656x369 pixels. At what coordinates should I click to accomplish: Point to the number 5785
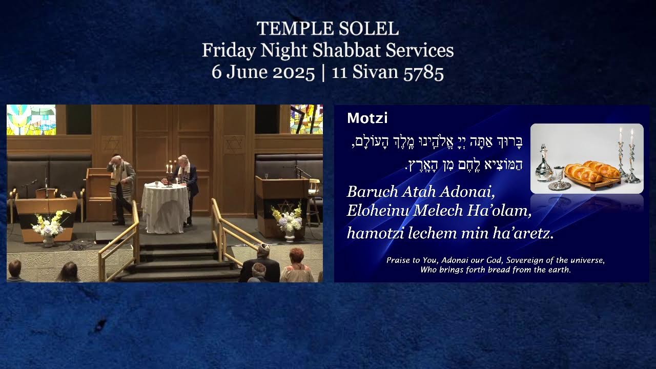(423, 72)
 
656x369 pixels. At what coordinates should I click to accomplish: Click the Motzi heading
(367, 118)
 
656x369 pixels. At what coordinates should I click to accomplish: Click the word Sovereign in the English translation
(525, 260)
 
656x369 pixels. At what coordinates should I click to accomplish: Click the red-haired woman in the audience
(296, 265)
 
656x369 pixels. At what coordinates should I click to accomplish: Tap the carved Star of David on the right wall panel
(234, 144)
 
